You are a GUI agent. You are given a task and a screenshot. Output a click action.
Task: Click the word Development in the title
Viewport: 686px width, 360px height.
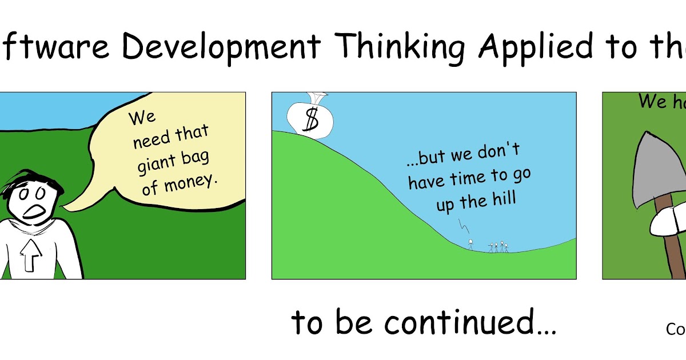221,47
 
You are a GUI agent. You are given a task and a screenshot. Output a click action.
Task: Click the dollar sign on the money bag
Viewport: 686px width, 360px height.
312,119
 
